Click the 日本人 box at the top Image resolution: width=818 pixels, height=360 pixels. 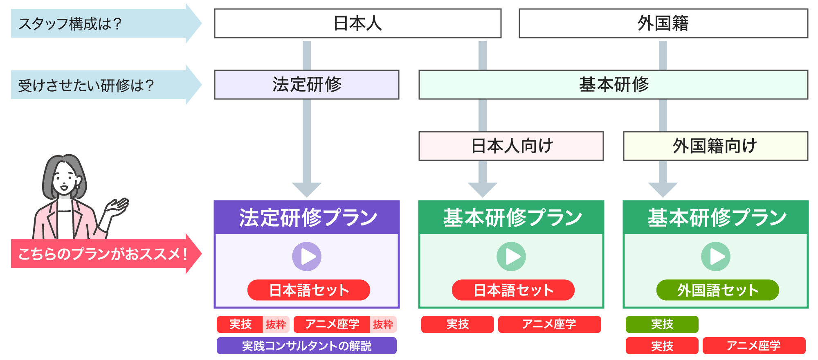(x=357, y=23)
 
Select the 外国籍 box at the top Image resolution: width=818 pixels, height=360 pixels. (x=663, y=23)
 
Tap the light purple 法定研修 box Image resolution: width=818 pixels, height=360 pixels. (x=306, y=85)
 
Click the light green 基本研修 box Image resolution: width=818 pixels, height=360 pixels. (x=613, y=85)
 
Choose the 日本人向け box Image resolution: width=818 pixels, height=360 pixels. (x=511, y=146)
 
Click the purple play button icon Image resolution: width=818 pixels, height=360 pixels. (x=307, y=256)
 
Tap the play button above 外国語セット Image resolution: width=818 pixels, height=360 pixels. (x=716, y=256)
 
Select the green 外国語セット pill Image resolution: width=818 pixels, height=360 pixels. (x=717, y=290)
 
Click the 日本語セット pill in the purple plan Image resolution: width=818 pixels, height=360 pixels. (x=308, y=290)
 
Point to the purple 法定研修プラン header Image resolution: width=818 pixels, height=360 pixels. (x=307, y=217)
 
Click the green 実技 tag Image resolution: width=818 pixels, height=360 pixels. (x=662, y=324)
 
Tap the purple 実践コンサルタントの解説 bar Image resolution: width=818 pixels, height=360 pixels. (x=306, y=346)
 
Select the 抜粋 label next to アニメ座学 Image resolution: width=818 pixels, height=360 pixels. (x=383, y=324)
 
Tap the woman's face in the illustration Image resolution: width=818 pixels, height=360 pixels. (x=65, y=180)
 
